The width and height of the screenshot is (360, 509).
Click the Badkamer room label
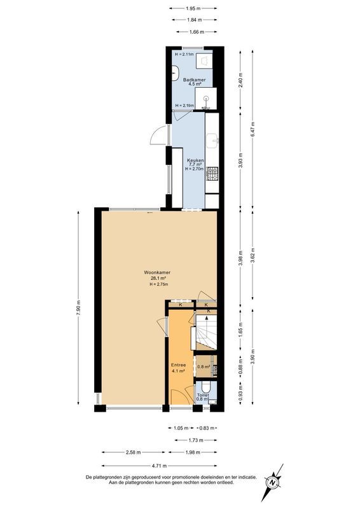pyautogui.click(x=193, y=80)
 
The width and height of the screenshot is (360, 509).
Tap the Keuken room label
pyautogui.click(x=195, y=160)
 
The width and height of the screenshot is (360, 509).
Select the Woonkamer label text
pyautogui.click(x=158, y=273)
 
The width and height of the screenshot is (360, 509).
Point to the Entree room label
pyautogui.click(x=178, y=366)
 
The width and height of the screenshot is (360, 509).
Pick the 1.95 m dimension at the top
pyautogui.click(x=194, y=8)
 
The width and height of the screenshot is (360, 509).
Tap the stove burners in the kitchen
pyautogui.click(x=212, y=172)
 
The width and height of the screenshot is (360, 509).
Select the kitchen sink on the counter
pyautogui.click(x=212, y=139)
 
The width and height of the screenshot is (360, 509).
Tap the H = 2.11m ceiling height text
pyautogui.click(x=184, y=55)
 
